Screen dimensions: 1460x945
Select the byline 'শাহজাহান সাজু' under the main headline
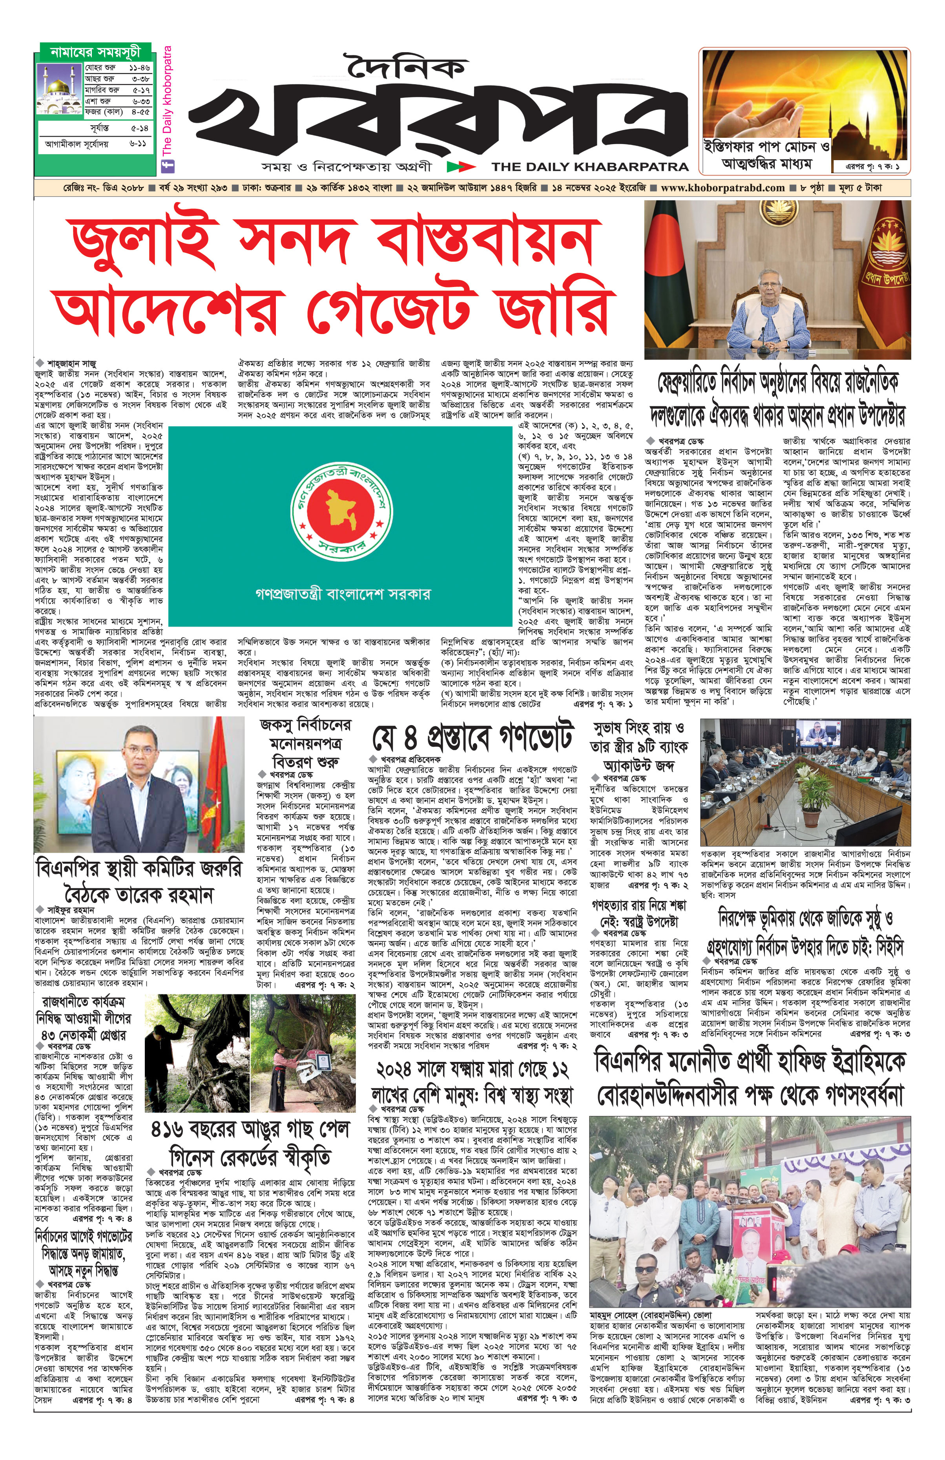(x=71, y=364)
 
